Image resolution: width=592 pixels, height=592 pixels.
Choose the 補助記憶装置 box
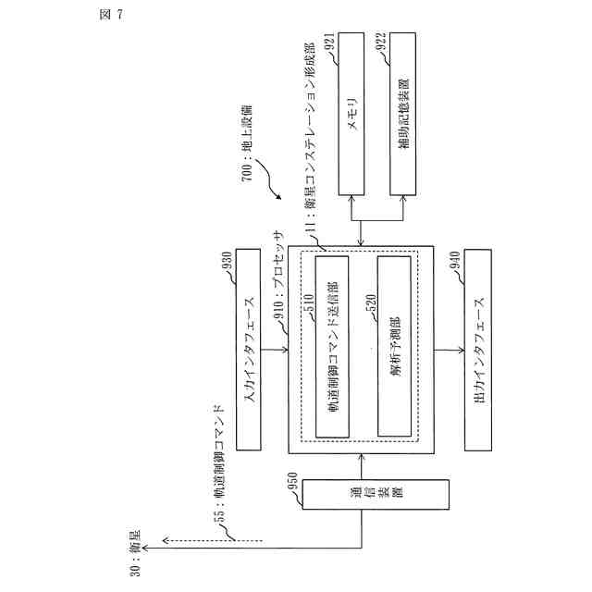pos(405,117)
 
